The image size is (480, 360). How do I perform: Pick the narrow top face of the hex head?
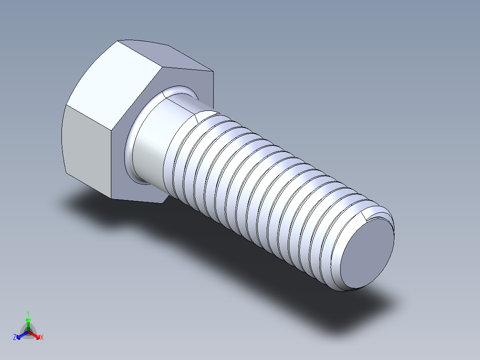click(165, 56)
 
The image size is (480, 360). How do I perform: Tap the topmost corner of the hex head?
click(118, 41)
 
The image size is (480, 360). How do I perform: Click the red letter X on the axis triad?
click(42, 338)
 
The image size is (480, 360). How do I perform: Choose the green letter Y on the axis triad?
click(28, 313)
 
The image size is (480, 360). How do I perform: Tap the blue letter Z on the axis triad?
click(15, 338)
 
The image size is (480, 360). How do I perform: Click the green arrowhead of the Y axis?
click(28, 320)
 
